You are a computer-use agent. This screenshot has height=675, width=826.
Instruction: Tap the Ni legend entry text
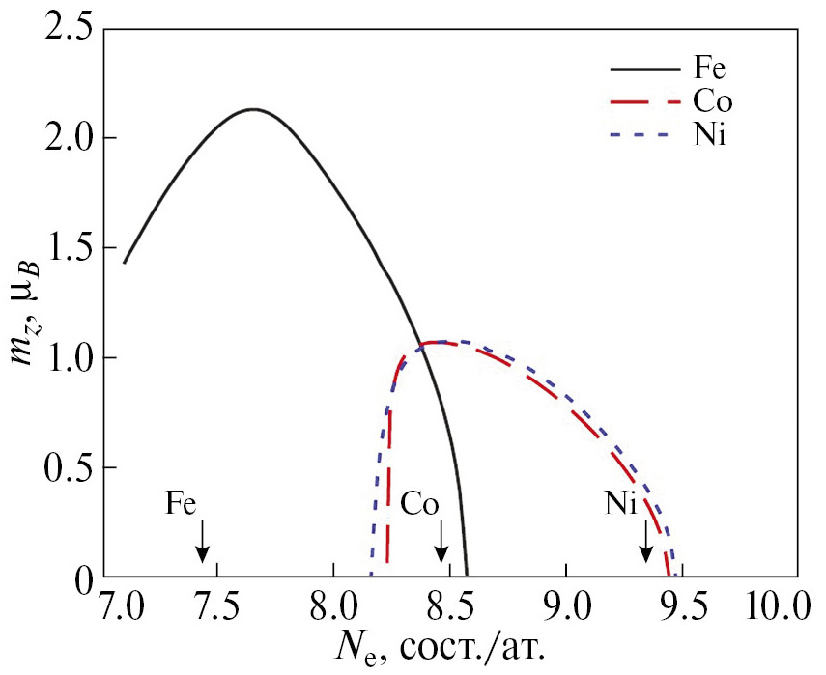(706, 135)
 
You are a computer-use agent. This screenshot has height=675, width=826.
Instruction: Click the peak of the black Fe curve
(253, 109)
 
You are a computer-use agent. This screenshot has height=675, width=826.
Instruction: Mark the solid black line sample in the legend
(642, 70)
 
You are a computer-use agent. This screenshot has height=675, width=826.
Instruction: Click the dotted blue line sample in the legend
(642, 135)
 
